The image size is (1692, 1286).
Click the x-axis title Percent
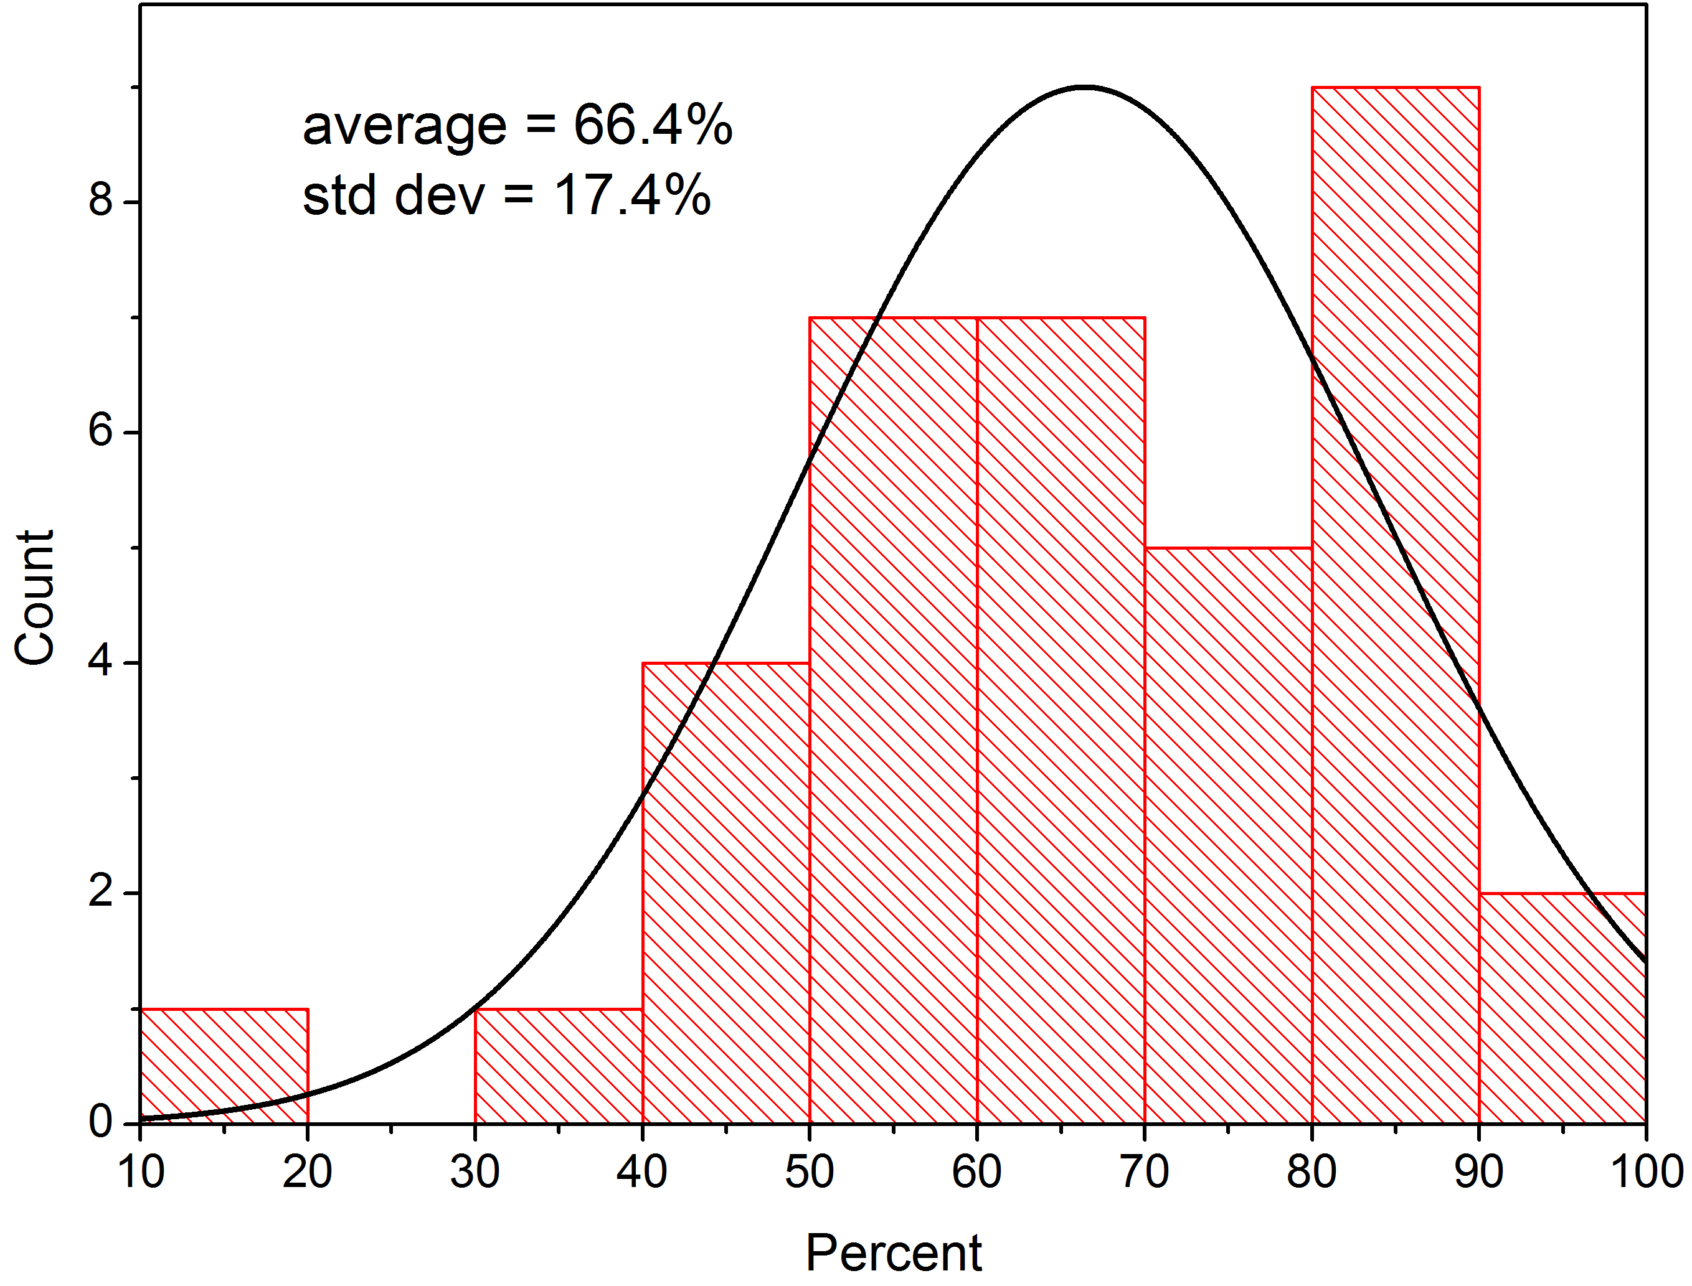(894, 1253)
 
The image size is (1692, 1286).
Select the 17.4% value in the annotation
(632, 195)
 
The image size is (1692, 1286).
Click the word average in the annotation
(404, 126)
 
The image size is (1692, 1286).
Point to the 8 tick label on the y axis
(100, 200)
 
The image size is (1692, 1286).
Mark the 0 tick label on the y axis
(100, 1122)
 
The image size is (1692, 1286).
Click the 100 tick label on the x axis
(1646, 1172)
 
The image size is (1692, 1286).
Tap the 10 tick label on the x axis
(141, 1172)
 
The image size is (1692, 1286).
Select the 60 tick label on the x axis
(977, 1172)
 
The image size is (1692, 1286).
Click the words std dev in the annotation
(394, 195)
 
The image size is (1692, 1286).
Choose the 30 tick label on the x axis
(475, 1172)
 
